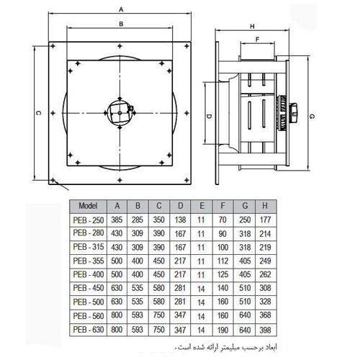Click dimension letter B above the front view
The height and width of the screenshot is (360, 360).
pos(122,24)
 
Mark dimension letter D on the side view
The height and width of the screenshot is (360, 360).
pos(208,115)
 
